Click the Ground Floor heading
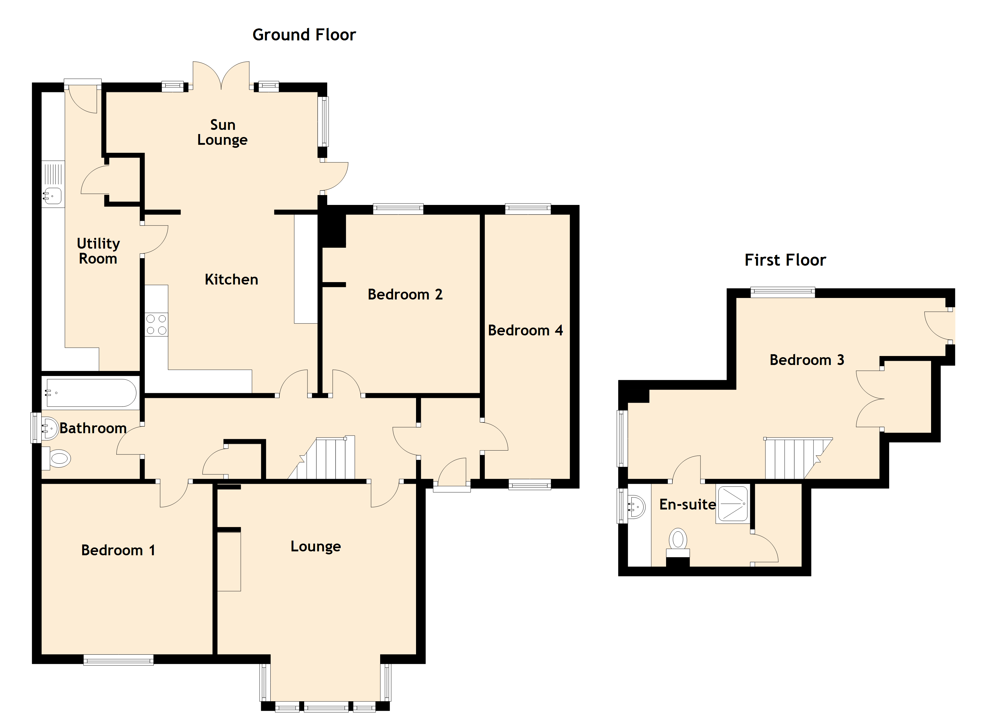[304, 35]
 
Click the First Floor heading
[785, 260]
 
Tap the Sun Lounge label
[223, 132]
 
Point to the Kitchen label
[231, 279]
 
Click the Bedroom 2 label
[405, 295]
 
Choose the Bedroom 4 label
[525, 331]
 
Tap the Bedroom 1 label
[118, 550]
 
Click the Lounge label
[316, 547]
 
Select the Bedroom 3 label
[807, 360]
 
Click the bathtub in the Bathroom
[91, 393]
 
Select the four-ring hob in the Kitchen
[156, 324]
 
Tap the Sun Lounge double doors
[222, 75]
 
